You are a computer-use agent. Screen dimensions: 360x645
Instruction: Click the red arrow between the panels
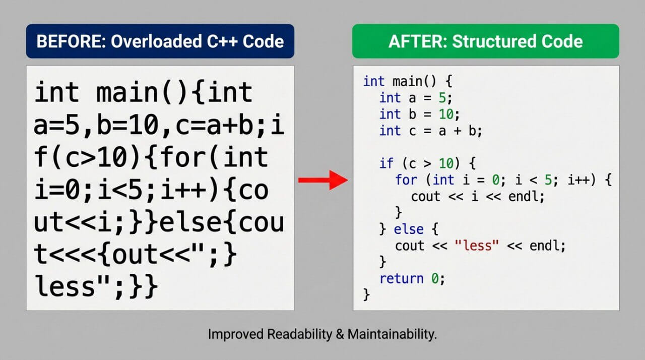(x=322, y=180)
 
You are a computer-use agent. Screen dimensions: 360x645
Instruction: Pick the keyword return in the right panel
(x=402, y=278)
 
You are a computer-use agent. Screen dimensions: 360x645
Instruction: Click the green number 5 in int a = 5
(x=441, y=98)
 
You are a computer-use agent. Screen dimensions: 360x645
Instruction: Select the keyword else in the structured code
(x=408, y=229)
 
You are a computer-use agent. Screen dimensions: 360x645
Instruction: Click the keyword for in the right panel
(x=406, y=180)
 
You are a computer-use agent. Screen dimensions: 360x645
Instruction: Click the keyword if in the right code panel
(x=385, y=163)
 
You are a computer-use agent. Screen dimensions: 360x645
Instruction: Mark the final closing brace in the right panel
(x=366, y=294)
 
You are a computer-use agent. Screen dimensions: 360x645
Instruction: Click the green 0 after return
(x=435, y=278)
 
